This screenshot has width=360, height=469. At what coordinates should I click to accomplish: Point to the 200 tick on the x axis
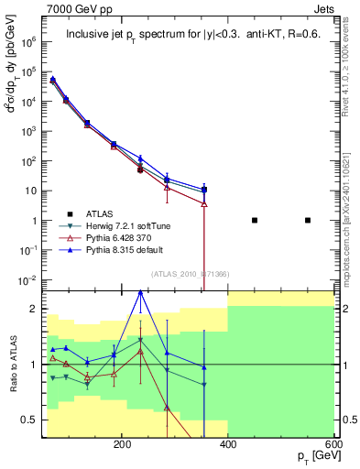coord(122,444)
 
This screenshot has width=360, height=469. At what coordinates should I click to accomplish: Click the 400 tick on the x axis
coord(228,444)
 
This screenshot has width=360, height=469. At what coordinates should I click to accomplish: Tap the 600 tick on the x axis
coord(333,444)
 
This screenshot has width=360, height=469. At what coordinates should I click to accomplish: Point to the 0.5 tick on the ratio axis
coord(33,420)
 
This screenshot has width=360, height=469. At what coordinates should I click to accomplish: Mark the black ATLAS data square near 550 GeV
coord(308,220)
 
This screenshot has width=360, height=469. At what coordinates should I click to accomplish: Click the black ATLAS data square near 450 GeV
coord(255,220)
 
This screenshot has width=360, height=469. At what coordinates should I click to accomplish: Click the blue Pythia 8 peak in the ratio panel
coord(140,292)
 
